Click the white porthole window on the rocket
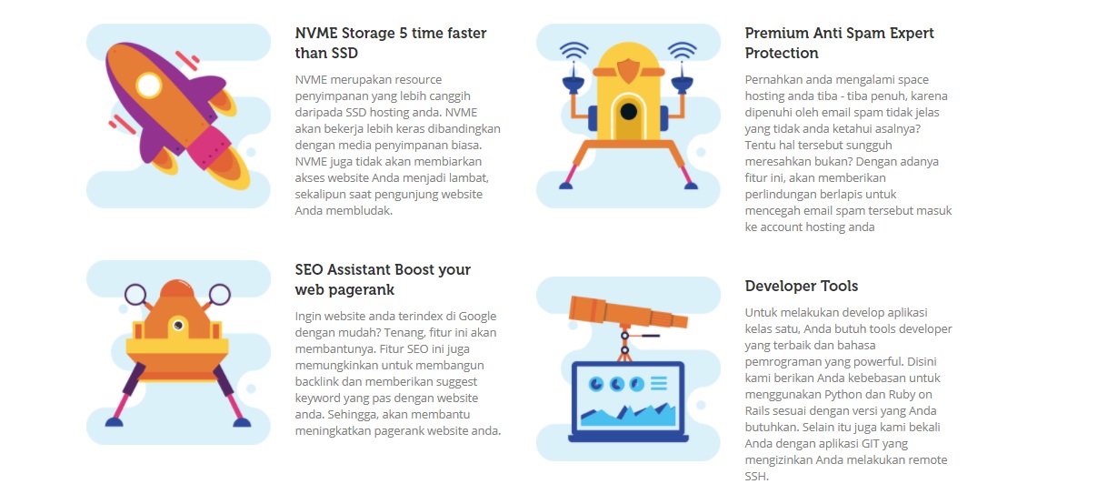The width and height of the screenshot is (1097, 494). click(149, 86)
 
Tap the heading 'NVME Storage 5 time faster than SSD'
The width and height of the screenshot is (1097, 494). click(390, 43)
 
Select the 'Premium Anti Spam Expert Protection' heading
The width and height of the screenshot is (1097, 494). click(839, 43)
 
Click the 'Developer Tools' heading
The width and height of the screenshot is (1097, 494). click(802, 286)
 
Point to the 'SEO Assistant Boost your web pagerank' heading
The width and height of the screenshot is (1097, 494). click(383, 279)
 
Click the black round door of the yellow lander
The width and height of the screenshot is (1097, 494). click(628, 112)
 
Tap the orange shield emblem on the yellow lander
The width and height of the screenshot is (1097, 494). click(628, 71)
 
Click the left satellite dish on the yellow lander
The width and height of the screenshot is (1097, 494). click(573, 84)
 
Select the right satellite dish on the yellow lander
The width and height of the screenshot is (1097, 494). click(682, 84)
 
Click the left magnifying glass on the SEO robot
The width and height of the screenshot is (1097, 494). click(135, 295)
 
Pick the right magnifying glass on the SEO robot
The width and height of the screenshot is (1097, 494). click(219, 295)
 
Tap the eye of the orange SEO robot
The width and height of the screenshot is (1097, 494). click(178, 325)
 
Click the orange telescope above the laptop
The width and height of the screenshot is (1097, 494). click(628, 312)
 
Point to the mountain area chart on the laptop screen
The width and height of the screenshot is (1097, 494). click(628, 415)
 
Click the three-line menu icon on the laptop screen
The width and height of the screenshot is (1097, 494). click(659, 383)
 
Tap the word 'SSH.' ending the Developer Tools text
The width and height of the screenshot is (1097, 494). click(757, 477)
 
